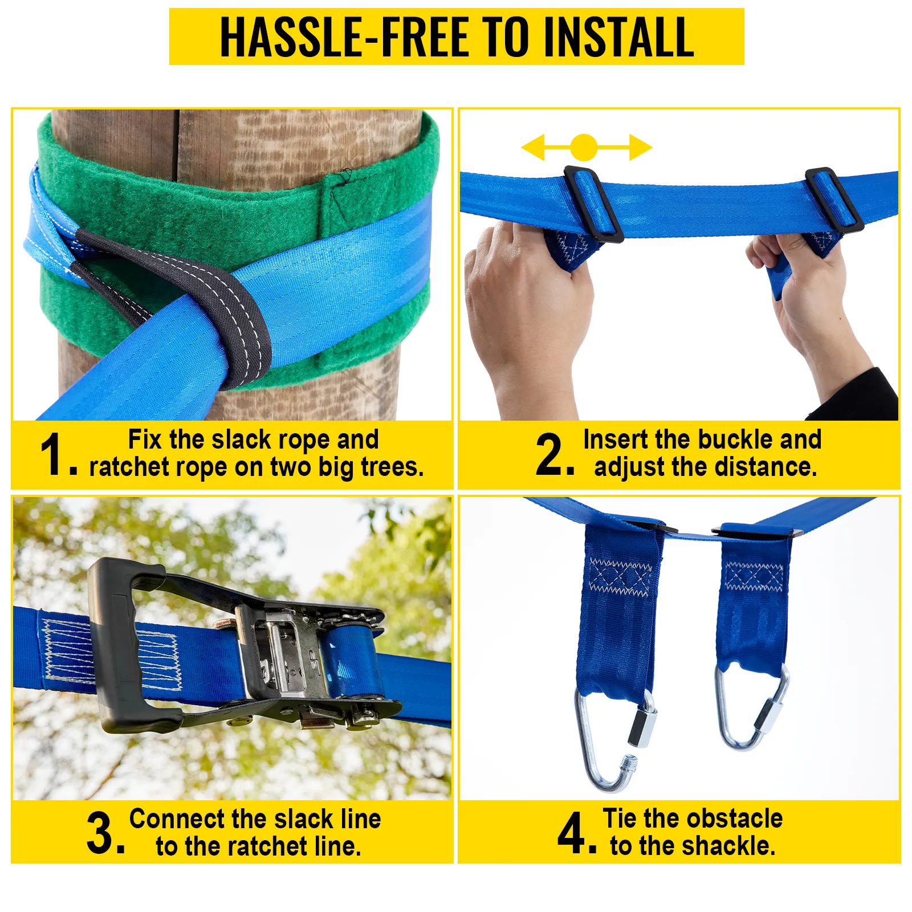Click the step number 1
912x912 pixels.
click(x=53, y=454)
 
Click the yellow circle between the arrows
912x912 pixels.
click(x=584, y=148)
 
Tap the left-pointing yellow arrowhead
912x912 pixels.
click(x=534, y=148)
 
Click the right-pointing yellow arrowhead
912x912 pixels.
click(x=641, y=148)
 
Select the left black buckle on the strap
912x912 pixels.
click(x=593, y=203)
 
